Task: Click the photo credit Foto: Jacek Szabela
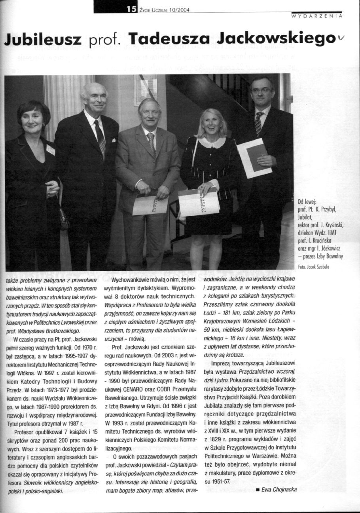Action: pos(314,267)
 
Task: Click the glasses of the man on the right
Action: pos(261,90)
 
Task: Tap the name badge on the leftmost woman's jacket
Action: pos(51,150)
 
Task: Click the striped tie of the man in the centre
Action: pos(151,144)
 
